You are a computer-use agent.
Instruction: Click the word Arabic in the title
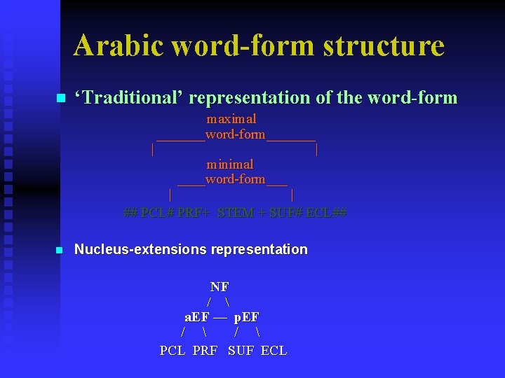click(119, 45)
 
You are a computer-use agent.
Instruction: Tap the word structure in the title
click(384, 45)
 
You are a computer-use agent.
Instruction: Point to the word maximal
click(231, 119)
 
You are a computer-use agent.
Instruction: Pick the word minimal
click(229, 164)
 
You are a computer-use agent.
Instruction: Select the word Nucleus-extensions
click(140, 249)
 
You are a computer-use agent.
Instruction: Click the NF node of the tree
click(220, 287)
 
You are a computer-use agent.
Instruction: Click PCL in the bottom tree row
click(173, 351)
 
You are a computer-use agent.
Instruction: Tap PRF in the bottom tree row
click(205, 351)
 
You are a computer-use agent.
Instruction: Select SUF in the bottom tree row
click(241, 351)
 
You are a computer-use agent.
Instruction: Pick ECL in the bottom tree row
click(274, 351)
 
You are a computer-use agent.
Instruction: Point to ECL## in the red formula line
click(327, 213)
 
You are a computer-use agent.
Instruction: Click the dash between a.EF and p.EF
click(220, 317)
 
